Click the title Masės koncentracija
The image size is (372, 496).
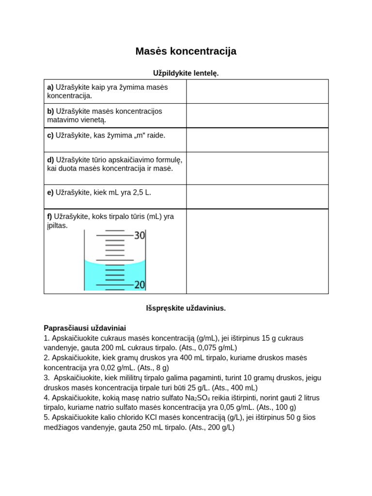(186, 51)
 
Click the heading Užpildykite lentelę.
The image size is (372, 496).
(186, 73)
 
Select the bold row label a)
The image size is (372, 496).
(50, 88)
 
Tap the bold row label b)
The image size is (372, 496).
(50, 111)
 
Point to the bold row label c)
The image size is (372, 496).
(50, 136)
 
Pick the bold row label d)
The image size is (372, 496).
(50, 159)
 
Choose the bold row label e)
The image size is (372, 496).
(50, 192)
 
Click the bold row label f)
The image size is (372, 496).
(49, 217)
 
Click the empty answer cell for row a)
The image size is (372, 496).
(257, 92)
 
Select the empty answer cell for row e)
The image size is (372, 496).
(257, 196)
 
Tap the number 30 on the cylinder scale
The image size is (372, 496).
(139, 235)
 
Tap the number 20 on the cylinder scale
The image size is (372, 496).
(139, 285)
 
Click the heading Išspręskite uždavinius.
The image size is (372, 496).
(186, 308)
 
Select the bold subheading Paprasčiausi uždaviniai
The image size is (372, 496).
(85, 328)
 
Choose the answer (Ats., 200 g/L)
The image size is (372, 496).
(212, 427)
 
